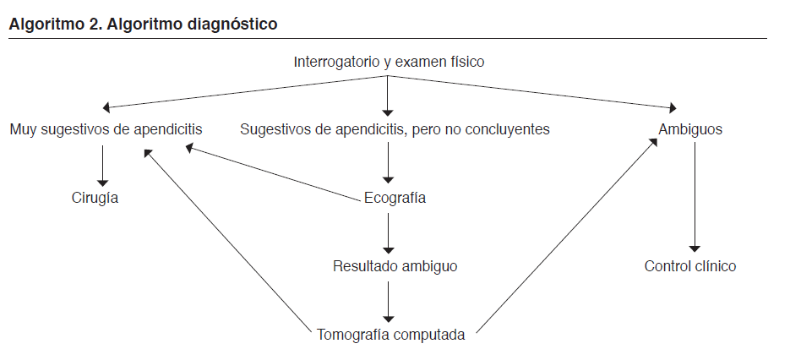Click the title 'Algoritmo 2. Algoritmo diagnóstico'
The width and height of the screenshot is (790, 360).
coord(142,24)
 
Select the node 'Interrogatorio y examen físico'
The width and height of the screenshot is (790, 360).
coord(389,62)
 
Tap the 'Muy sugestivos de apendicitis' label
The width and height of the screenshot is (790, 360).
coord(106,129)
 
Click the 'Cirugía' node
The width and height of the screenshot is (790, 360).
coord(95,199)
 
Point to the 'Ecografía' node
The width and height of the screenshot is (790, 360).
coord(395,199)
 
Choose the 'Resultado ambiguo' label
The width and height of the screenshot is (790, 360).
coord(395,266)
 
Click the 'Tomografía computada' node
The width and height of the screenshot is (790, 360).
coord(390,335)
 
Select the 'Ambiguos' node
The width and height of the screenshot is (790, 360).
coord(690,129)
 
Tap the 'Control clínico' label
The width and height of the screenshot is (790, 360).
coord(690,266)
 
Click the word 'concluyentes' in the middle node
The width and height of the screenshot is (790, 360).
coord(511,129)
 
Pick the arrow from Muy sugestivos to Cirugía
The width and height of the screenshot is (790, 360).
coord(103,164)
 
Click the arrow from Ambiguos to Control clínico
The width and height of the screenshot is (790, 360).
coord(695,198)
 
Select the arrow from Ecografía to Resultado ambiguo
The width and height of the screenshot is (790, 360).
coord(388,232)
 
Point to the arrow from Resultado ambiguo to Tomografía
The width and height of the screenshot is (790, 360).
coord(388,300)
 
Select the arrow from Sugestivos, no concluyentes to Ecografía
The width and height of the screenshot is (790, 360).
coord(388,163)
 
